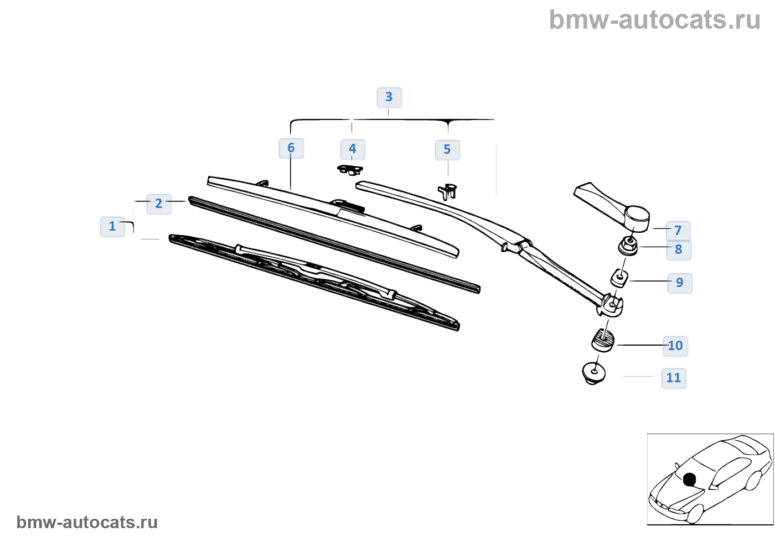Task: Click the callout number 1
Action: pos(112,226)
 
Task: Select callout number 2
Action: pos(159,204)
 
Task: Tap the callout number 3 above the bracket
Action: pos(389,97)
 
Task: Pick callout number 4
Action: pos(353,149)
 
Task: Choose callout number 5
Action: pos(447,150)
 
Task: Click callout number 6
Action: pos(291,148)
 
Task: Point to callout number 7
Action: pos(678,231)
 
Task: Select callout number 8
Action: pos(679,250)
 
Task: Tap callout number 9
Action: pos(680,283)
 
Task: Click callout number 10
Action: pos(675,346)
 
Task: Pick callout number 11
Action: pos(674,378)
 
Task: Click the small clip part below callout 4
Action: pos(350,169)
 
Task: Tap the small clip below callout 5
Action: pos(448,191)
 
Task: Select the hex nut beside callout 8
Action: pos(628,245)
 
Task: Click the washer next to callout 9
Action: pos(620,277)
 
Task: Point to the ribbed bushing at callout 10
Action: pos(603,339)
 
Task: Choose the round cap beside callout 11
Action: pos(594,373)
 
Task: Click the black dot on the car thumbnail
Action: pos(689,480)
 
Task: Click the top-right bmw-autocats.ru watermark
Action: pos(655,20)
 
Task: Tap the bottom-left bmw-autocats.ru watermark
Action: pos(87,522)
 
